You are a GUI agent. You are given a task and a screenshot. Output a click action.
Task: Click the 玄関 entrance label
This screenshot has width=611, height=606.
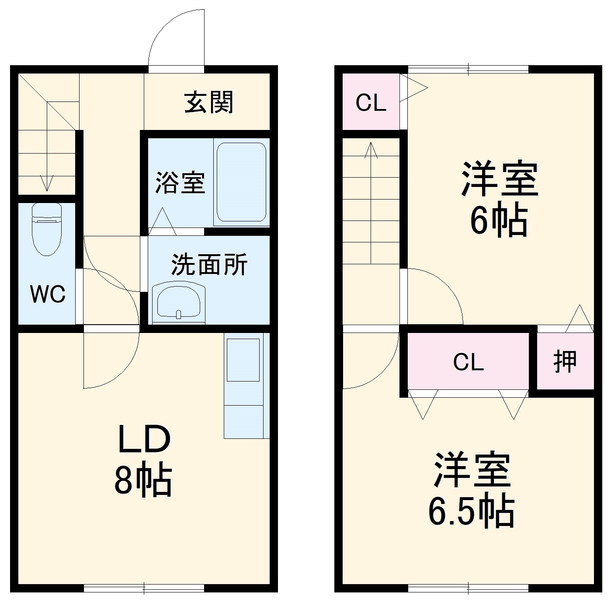[x=208, y=102]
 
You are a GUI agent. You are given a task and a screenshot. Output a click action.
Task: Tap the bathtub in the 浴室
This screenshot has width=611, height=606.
[x=241, y=182]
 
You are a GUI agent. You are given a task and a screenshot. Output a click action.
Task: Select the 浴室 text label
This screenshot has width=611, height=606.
[x=180, y=182]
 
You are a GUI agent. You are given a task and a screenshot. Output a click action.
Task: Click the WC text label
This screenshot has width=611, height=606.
[x=47, y=294]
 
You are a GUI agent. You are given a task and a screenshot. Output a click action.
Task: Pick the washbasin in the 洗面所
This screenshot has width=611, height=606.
[x=178, y=302]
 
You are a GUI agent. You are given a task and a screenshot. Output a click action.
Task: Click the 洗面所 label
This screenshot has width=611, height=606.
[x=209, y=264]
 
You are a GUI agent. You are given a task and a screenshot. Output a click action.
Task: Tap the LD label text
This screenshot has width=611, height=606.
[x=143, y=439]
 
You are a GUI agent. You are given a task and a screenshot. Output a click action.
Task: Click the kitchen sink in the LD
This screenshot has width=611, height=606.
[x=243, y=359]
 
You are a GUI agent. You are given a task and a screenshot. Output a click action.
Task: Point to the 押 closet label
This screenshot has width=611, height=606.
[x=565, y=362]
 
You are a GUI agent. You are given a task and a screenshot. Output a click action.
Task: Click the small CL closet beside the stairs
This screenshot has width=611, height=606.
[x=371, y=103]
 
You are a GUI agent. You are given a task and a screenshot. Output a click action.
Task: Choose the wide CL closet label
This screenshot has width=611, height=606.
[x=468, y=362]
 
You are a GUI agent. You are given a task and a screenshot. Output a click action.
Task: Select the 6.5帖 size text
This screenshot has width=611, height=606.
[x=471, y=511]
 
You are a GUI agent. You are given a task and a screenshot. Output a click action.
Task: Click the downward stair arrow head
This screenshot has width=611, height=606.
[x=47, y=184]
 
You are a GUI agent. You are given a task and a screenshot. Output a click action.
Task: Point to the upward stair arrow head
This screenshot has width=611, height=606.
[x=371, y=149]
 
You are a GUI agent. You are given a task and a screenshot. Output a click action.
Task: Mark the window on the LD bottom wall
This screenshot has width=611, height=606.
[x=144, y=589]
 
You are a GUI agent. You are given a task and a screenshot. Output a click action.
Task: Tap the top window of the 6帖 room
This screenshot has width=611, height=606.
[x=468, y=69]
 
